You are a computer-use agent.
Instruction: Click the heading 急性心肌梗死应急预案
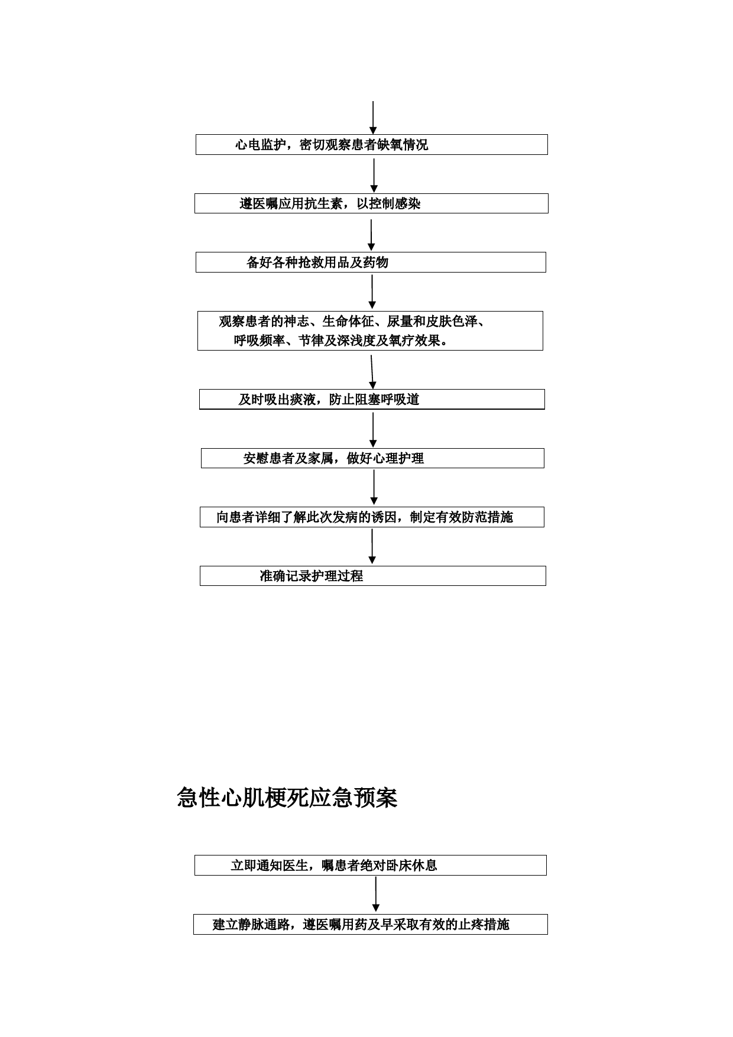(x=287, y=798)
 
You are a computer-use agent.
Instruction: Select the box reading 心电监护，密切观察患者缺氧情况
(x=372, y=145)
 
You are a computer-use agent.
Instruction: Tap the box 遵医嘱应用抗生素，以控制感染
(x=372, y=203)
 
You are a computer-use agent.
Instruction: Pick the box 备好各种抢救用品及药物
(x=371, y=263)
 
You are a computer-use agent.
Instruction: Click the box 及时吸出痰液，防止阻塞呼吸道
(x=372, y=400)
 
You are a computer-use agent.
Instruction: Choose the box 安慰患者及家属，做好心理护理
(x=372, y=458)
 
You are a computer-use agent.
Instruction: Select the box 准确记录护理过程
(x=372, y=576)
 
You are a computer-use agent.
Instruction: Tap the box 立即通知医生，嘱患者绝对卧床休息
(x=371, y=866)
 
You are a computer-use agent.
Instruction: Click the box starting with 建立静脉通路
(x=371, y=925)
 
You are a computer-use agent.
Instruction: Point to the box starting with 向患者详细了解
(x=372, y=517)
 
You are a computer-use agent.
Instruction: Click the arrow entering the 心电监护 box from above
(x=373, y=118)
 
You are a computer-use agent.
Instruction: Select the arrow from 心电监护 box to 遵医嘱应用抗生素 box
(x=374, y=176)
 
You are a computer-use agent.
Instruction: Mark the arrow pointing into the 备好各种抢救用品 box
(x=371, y=235)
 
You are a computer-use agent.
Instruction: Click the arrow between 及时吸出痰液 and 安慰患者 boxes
(x=373, y=430)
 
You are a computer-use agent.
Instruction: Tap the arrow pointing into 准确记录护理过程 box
(x=372, y=547)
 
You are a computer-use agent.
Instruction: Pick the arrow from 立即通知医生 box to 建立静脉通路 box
(x=375, y=895)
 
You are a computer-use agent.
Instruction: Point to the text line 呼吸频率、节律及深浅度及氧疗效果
(x=341, y=341)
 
